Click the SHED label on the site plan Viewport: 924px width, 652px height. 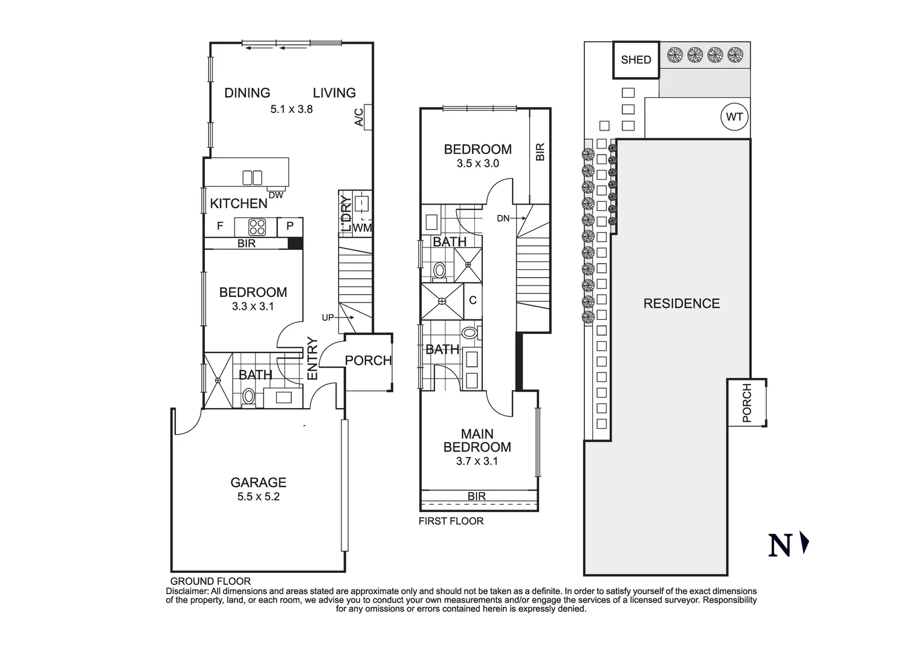tap(636, 60)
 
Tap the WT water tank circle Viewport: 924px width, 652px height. tap(734, 117)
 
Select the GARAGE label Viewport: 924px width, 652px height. tap(258, 482)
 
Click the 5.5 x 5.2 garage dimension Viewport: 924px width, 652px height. tap(258, 497)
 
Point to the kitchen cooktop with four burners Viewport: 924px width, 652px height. tap(257, 227)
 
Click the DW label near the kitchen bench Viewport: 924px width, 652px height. tap(276, 195)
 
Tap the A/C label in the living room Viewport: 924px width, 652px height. tap(358, 117)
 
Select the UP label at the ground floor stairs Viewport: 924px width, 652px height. tap(328, 318)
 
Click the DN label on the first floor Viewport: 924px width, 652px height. tap(503, 219)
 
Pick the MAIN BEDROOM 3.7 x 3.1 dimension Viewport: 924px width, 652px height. tap(477, 461)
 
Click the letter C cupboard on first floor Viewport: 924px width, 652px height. tap(473, 300)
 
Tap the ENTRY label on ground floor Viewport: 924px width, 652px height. tap(312, 359)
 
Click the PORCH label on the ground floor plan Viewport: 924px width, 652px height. tap(368, 360)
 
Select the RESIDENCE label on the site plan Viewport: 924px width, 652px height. tap(681, 304)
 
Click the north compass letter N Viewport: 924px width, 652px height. tap(780, 545)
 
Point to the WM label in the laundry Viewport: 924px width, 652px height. tap(362, 228)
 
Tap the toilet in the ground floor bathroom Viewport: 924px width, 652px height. tap(248, 397)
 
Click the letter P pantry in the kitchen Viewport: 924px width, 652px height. tap(290, 226)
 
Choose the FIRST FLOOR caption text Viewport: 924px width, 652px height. tap(451, 521)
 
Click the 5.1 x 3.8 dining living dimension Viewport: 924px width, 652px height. tap(291, 109)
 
